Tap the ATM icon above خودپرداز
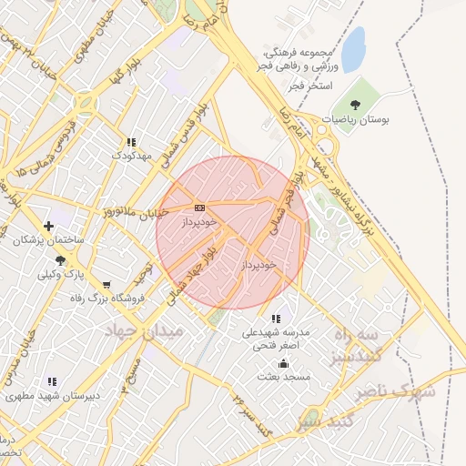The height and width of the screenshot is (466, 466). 199,208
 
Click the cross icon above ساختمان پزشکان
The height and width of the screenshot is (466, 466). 48,225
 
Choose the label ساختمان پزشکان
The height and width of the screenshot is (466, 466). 48,241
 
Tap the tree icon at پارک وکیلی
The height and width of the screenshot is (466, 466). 60,259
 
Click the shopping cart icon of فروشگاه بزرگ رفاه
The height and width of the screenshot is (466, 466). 107,285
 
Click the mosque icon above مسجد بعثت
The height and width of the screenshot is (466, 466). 282,362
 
